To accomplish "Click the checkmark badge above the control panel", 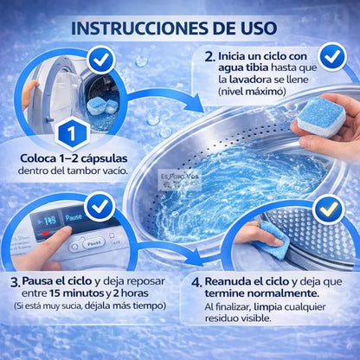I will click(x=99, y=208).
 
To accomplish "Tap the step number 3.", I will click(x=14, y=283).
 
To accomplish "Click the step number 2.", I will click(x=209, y=57).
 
